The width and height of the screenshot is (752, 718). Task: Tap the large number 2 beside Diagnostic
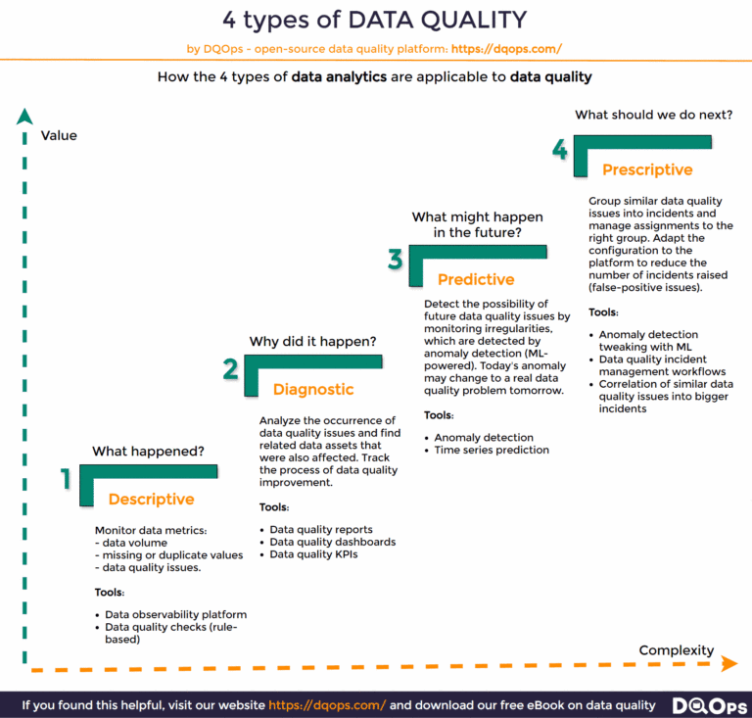231,368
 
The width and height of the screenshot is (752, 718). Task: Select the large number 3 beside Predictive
395,259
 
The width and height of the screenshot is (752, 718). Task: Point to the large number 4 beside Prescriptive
559,150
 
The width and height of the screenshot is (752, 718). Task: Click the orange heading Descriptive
151,500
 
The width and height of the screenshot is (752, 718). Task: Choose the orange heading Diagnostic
313,390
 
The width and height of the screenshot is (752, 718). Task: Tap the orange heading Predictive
477,280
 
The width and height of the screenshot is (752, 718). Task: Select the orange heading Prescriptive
647,170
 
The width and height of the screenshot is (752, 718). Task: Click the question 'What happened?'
148,452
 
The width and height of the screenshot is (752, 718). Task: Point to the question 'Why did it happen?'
312,342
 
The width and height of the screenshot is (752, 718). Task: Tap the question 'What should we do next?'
653,115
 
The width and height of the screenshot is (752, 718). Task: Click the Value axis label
59,136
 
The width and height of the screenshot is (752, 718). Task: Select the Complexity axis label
677,650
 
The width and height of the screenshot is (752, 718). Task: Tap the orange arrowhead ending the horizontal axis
728,664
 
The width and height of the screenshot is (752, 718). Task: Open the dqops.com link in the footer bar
327,705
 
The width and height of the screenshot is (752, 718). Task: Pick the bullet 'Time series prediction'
492,451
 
